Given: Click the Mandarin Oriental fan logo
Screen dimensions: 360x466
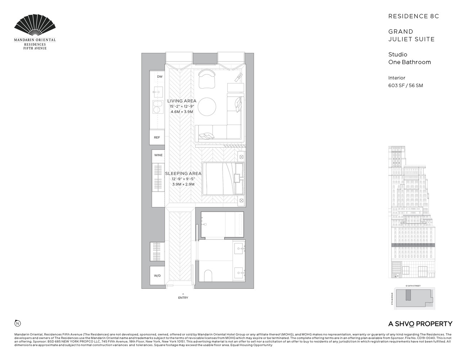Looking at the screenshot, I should [x=35, y=26].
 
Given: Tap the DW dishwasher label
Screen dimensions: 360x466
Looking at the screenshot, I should [x=160, y=77].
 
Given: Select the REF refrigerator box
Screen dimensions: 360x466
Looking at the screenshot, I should [x=157, y=138].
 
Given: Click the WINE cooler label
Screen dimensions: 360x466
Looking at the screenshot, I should [x=158, y=155].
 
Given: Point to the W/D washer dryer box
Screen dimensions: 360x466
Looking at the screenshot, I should [x=157, y=276].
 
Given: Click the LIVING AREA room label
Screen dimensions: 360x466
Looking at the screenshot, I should [x=182, y=101].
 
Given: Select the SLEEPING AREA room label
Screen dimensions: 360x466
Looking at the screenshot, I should [x=183, y=174].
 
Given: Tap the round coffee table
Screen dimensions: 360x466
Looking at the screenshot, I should [x=207, y=107].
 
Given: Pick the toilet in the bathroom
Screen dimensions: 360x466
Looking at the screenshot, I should [x=209, y=276].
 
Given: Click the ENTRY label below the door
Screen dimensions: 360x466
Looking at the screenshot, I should [x=183, y=298].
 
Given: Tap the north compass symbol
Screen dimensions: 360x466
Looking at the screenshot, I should [x=17, y=323].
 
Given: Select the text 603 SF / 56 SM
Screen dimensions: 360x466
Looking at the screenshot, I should [x=405, y=85].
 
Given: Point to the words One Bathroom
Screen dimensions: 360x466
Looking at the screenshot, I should [x=409, y=62].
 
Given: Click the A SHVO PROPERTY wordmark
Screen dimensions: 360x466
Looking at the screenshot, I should [x=420, y=324].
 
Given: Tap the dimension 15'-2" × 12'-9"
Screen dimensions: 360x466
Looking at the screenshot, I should [x=182, y=107].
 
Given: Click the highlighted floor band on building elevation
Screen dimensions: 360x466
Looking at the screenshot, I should [x=413, y=245].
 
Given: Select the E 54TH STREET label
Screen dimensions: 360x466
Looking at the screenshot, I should [x=413, y=286].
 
